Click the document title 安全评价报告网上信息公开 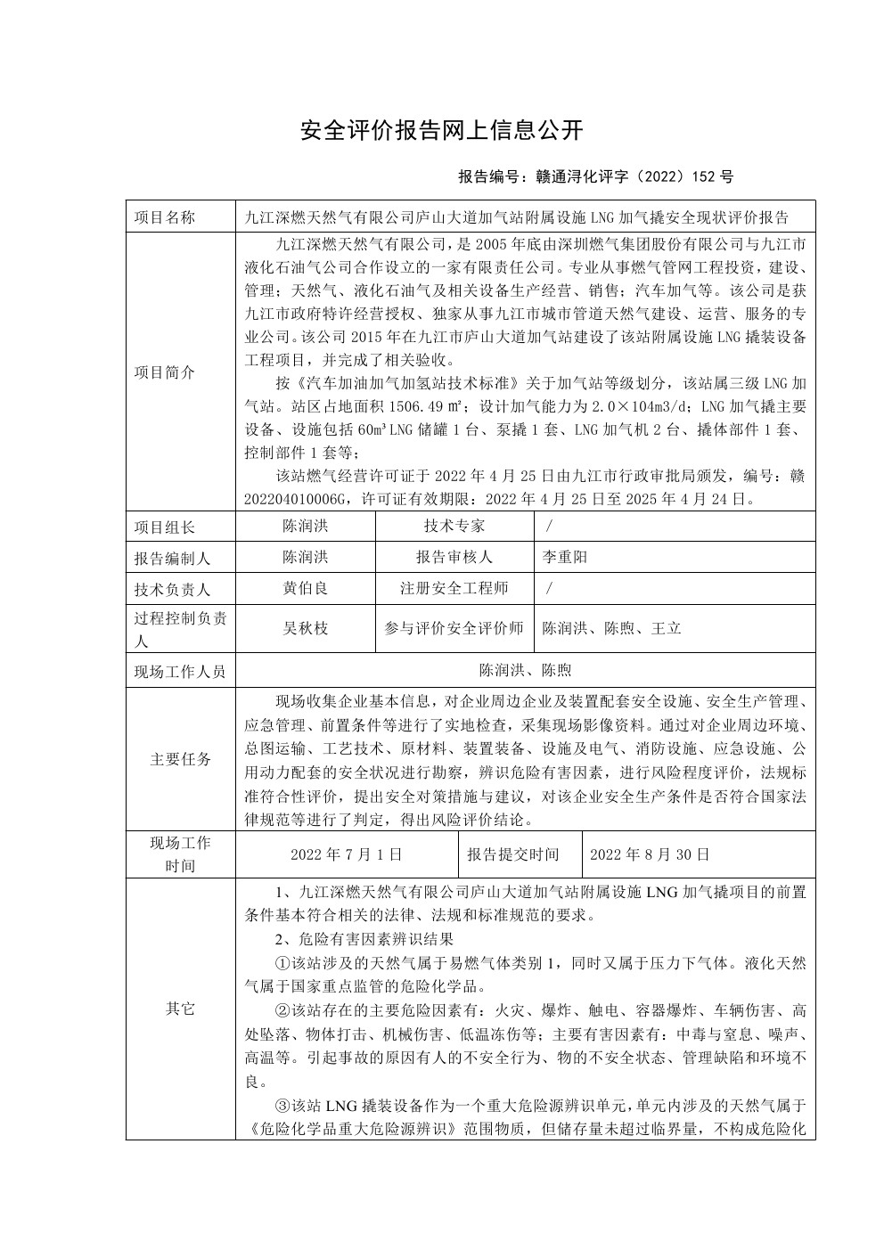coord(441,131)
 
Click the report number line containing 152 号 coord(595,176)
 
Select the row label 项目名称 coord(164,217)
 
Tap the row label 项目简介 coord(164,372)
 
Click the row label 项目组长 coord(164,527)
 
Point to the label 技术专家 coord(454,527)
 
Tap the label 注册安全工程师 coord(454,588)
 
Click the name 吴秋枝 coord(306,628)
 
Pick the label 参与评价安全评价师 coord(454,628)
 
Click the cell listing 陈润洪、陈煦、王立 coord(612,628)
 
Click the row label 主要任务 coord(180,760)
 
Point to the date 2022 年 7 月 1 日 coord(347,854)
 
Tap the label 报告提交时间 coord(513,854)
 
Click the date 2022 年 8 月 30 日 coord(650,854)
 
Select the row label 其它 coord(180,1009)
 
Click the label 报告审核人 coord(454,557)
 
